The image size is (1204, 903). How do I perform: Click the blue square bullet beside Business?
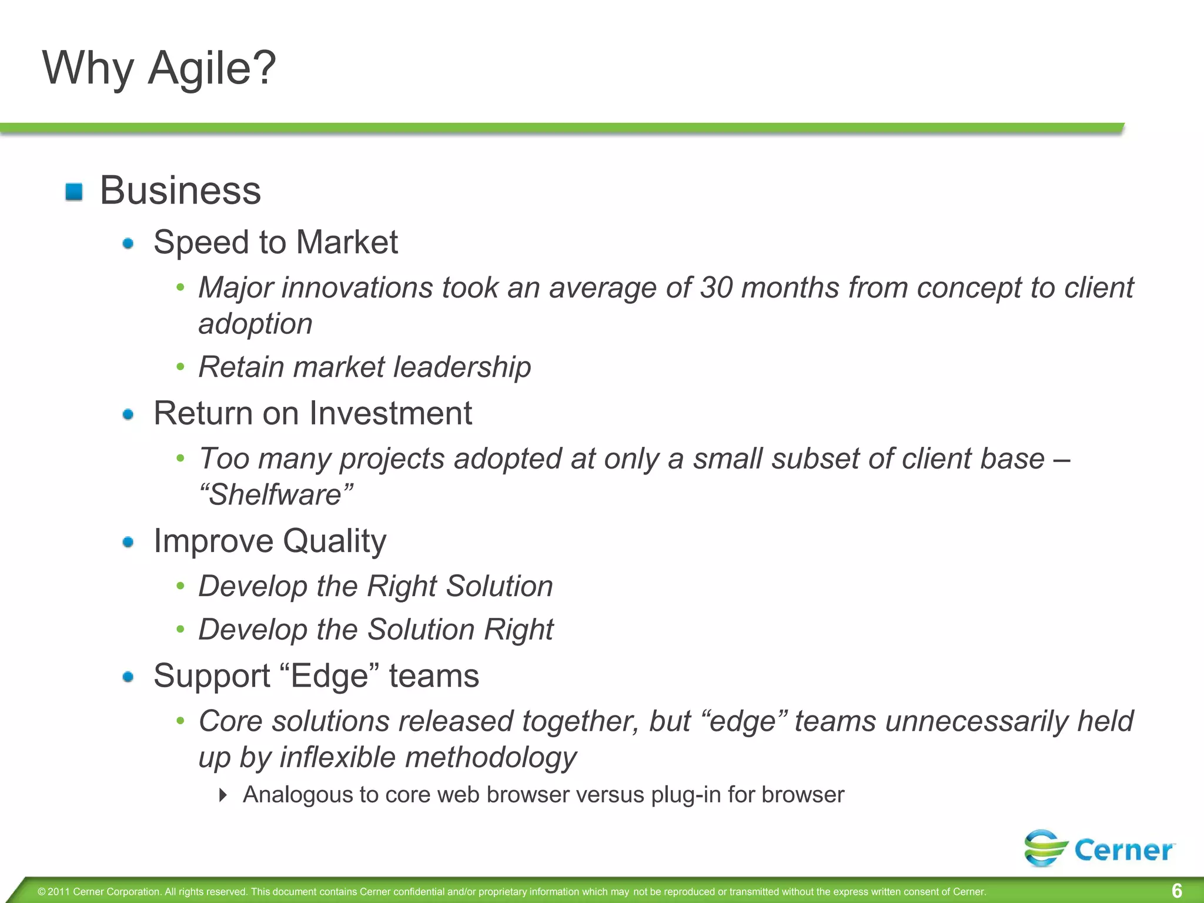click(x=74, y=192)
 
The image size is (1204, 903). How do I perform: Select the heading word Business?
click(x=180, y=190)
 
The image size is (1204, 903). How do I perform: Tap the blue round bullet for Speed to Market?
click(x=128, y=243)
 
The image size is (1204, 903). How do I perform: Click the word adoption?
click(x=255, y=325)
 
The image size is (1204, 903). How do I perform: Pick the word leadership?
click(x=462, y=367)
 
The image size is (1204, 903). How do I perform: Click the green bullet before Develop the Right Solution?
click(x=180, y=586)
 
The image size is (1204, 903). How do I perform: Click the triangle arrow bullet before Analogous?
click(x=222, y=795)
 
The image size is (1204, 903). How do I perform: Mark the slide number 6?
click(x=1176, y=891)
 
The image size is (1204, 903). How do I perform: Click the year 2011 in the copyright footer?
click(x=59, y=892)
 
